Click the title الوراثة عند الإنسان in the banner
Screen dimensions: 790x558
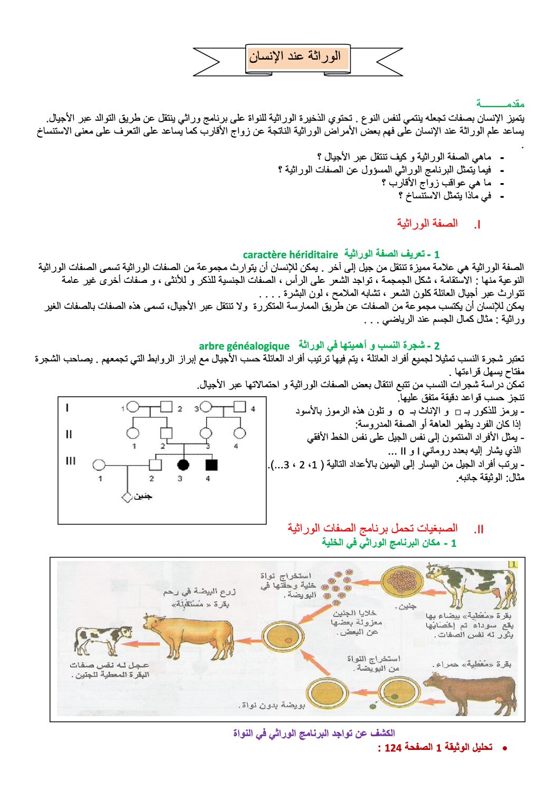point(295,56)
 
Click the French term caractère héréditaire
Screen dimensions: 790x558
point(290,255)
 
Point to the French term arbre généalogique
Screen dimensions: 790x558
point(244,346)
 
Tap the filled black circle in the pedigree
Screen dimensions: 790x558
point(183,465)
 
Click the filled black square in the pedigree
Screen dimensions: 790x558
point(211,465)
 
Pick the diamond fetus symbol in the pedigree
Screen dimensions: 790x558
point(127,497)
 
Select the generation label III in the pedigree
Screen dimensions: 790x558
point(71,461)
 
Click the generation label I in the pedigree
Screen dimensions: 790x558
point(67,407)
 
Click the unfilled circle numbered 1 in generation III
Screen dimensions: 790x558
point(99,465)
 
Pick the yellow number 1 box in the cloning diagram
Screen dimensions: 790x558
point(512,564)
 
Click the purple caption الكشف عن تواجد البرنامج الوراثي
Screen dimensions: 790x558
point(314,733)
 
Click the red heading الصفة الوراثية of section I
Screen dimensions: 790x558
point(427,224)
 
